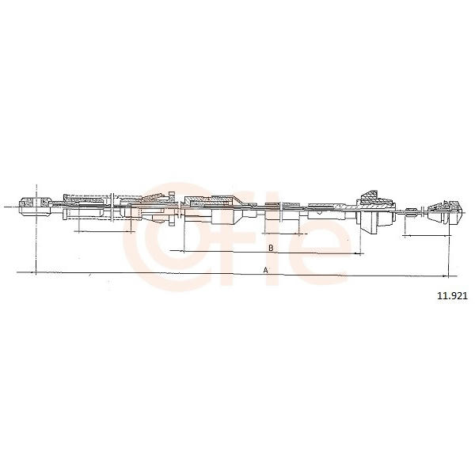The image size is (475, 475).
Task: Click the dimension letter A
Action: (x=266, y=270)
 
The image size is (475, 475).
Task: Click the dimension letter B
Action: (x=271, y=248)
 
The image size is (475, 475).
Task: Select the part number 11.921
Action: (x=452, y=296)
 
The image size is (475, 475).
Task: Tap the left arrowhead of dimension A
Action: (x=34, y=272)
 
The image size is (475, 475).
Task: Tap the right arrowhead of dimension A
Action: (x=446, y=276)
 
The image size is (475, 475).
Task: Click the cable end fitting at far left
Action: (x=35, y=206)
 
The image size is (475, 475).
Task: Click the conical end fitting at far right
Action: (x=445, y=212)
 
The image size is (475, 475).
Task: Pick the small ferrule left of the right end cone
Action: (x=410, y=213)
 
